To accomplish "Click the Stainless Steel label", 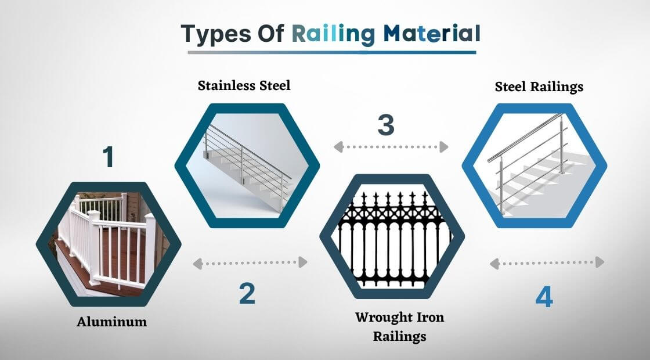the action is pyautogui.click(x=244, y=85).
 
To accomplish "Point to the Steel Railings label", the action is pyautogui.click(x=539, y=87).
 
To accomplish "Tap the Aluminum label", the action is pyautogui.click(x=111, y=322).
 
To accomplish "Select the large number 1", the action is pyautogui.click(x=108, y=157).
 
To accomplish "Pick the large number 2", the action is pyautogui.click(x=247, y=294).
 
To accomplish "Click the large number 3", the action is pyautogui.click(x=385, y=125).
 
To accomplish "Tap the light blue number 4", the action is pyautogui.click(x=544, y=297).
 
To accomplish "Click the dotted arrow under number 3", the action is pyautogui.click(x=391, y=147).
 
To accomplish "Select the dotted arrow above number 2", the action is pyautogui.click(x=250, y=262).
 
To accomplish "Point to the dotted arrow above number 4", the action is pyautogui.click(x=547, y=262).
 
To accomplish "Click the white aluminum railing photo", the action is pyautogui.click(x=109, y=244).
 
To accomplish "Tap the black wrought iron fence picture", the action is pyautogui.click(x=392, y=237).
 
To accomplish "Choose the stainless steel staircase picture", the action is pyautogui.click(x=247, y=165).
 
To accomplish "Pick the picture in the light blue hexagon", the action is pyautogui.click(x=535, y=165).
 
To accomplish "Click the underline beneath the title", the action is pyautogui.click(x=331, y=52).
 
